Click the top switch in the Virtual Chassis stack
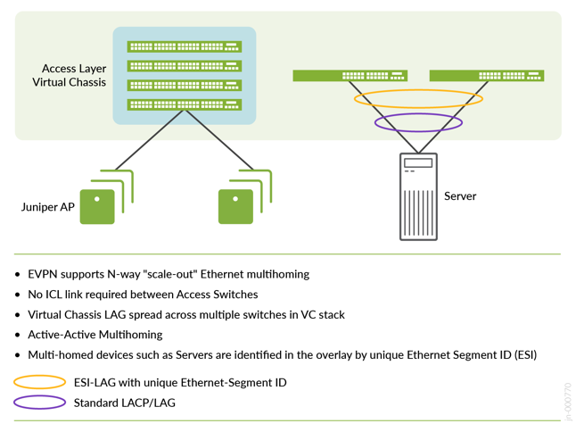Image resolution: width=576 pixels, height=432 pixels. (x=184, y=46)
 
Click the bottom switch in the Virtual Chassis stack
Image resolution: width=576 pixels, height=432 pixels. (x=184, y=105)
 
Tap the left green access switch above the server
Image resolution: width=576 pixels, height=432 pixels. (x=350, y=76)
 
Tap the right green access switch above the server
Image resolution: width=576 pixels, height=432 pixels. (x=486, y=76)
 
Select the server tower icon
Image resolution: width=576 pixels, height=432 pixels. (x=418, y=196)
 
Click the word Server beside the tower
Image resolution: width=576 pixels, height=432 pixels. (x=460, y=196)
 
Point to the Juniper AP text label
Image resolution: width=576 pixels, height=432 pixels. (x=48, y=207)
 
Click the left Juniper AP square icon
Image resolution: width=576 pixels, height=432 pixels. (x=97, y=206)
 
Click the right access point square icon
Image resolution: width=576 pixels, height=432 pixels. (x=235, y=206)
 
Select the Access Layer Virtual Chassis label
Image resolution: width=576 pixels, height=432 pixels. (x=74, y=75)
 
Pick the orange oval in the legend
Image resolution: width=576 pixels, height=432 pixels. (x=39, y=383)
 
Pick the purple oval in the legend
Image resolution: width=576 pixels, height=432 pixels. (x=39, y=403)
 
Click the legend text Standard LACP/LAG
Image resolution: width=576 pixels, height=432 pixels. (x=124, y=403)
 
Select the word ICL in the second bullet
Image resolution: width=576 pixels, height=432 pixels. (x=56, y=295)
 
